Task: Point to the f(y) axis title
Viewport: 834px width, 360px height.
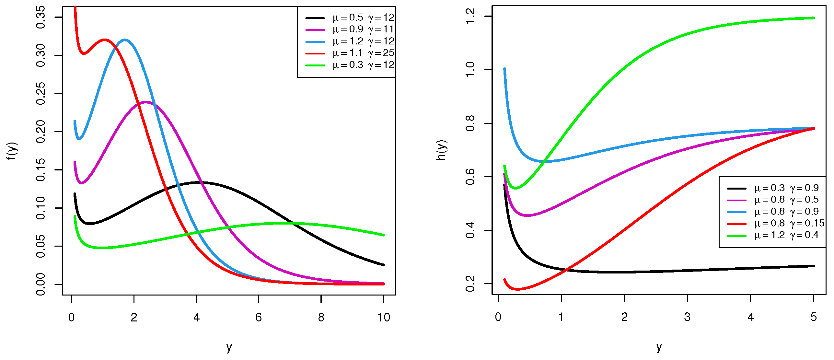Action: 12,151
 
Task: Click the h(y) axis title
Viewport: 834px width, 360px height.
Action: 442,150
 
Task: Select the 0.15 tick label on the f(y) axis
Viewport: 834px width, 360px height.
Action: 41,170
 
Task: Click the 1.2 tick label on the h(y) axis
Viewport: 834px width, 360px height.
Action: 470,16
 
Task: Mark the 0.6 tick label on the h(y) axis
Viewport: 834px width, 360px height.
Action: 470,177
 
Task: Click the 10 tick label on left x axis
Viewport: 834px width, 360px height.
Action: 384,318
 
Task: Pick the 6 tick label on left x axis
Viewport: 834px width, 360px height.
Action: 259,318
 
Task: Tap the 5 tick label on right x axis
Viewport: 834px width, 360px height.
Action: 814,317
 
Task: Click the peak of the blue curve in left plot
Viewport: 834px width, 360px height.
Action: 125,40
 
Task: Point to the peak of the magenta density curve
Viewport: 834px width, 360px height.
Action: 145,102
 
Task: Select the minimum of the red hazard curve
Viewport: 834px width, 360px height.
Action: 517,289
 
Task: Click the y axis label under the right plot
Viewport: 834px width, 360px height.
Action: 659,347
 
